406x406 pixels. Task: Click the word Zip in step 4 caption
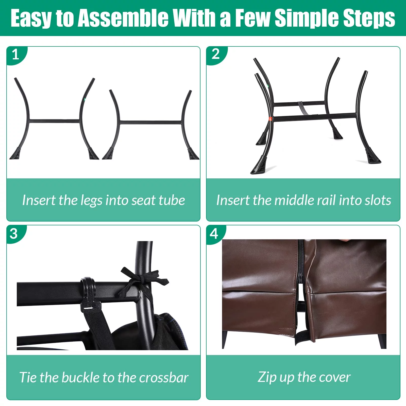tap(267, 377)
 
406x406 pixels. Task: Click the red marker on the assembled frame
tap(270, 119)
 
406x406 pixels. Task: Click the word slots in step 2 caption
tap(378, 200)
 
